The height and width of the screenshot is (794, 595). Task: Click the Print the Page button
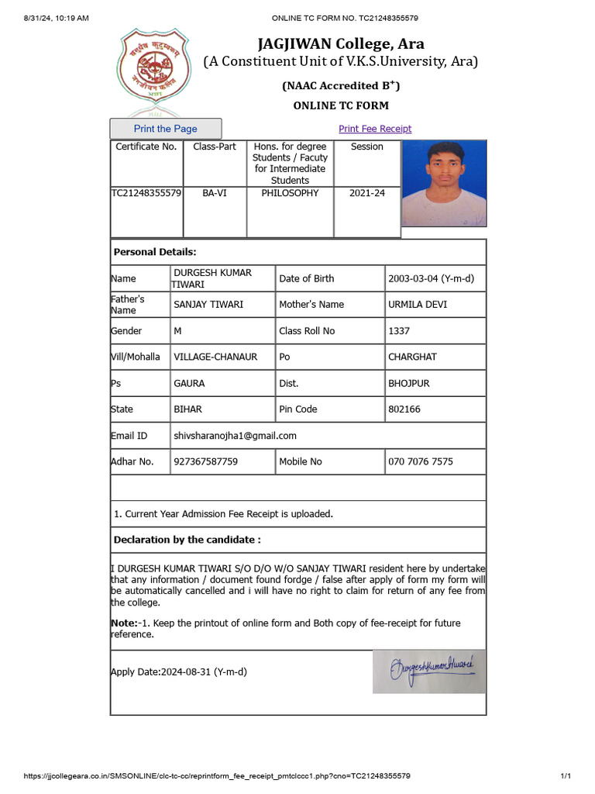tap(166, 129)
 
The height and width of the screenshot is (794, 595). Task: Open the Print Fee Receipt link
tap(375, 129)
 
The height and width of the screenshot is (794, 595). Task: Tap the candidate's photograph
tap(444, 184)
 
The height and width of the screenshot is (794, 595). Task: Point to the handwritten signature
tap(428, 670)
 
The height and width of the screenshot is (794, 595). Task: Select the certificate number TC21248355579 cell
tap(146, 193)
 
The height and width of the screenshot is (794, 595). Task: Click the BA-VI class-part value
tap(215, 193)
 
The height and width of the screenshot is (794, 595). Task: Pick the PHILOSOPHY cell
tap(290, 193)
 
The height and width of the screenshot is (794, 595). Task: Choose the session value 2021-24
tap(366, 193)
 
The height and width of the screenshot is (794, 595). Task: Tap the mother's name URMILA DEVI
tap(418, 305)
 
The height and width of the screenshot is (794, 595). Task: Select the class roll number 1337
tap(400, 331)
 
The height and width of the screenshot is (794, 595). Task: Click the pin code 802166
tap(404, 409)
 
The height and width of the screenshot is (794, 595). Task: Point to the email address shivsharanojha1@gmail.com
tap(235, 436)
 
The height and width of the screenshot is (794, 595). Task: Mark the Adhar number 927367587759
tap(205, 461)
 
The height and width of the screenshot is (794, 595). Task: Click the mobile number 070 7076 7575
tap(421, 461)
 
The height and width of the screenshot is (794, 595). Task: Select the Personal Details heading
tap(155, 252)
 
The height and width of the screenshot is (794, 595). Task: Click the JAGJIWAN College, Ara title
tap(341, 43)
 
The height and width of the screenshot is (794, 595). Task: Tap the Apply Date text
tap(179, 671)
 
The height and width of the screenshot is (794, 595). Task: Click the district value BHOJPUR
tap(408, 383)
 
